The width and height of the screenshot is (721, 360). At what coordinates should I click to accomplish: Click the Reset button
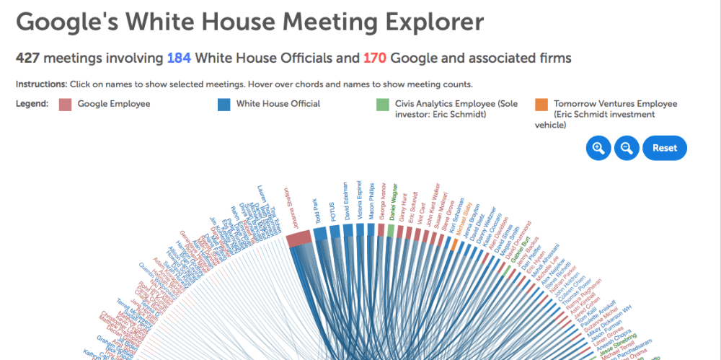(664, 148)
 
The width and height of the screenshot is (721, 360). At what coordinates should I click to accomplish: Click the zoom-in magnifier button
(598, 148)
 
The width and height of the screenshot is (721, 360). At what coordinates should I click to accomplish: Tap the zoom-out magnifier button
(627, 148)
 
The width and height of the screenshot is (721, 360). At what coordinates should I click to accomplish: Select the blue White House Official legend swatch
(224, 105)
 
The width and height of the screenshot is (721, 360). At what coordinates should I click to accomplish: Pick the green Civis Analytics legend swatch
(382, 105)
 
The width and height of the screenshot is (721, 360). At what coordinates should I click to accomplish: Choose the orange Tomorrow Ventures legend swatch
(541, 105)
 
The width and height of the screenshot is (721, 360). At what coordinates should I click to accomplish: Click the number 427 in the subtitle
(30, 58)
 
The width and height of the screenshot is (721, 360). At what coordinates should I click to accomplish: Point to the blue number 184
(180, 58)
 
